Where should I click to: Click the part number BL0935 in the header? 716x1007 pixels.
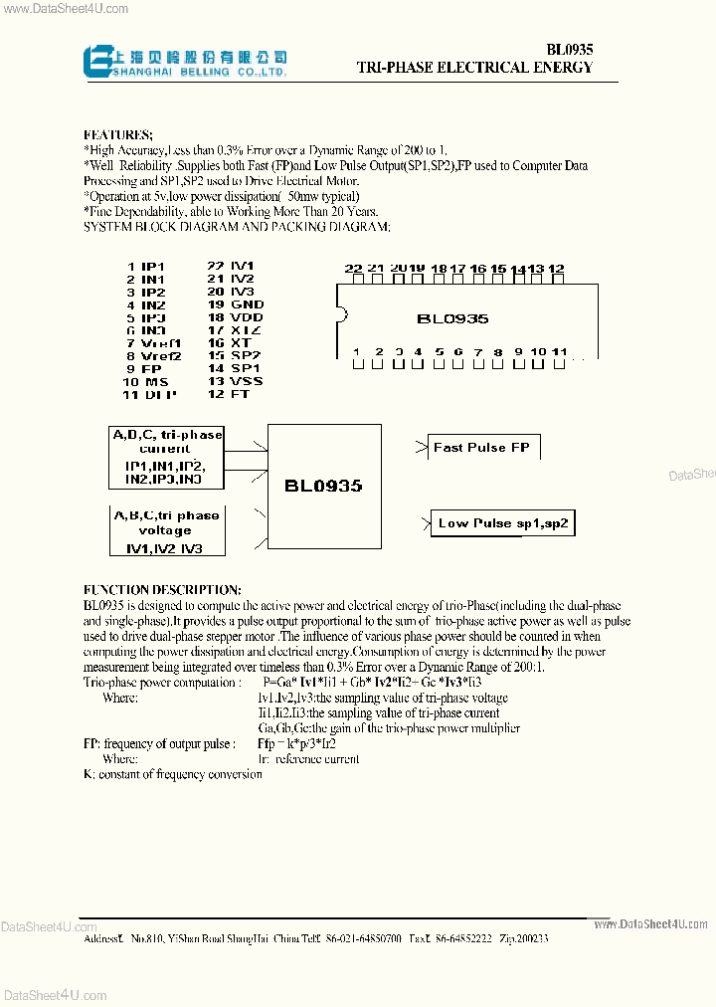pyautogui.click(x=569, y=49)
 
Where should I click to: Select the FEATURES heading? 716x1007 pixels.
pyautogui.click(x=117, y=134)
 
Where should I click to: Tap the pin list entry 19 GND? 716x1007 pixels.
pyautogui.click(x=235, y=304)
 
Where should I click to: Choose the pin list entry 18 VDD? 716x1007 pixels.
pyautogui.click(x=235, y=317)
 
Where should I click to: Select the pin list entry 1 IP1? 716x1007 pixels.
pyautogui.click(x=145, y=266)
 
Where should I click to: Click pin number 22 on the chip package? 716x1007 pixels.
pyautogui.click(x=354, y=270)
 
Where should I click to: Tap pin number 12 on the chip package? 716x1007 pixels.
pyautogui.click(x=556, y=270)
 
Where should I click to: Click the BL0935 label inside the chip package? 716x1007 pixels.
pyautogui.click(x=452, y=319)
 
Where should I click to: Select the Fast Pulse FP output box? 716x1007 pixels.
pyautogui.click(x=482, y=448)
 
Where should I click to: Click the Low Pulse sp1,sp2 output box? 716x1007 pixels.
pyautogui.click(x=503, y=523)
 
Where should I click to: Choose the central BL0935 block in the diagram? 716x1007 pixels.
pyautogui.click(x=323, y=486)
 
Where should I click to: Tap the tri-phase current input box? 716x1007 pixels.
pyautogui.click(x=166, y=457)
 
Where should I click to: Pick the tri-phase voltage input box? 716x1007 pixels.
pyautogui.click(x=166, y=530)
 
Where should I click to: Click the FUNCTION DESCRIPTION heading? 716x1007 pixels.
pyautogui.click(x=161, y=589)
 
